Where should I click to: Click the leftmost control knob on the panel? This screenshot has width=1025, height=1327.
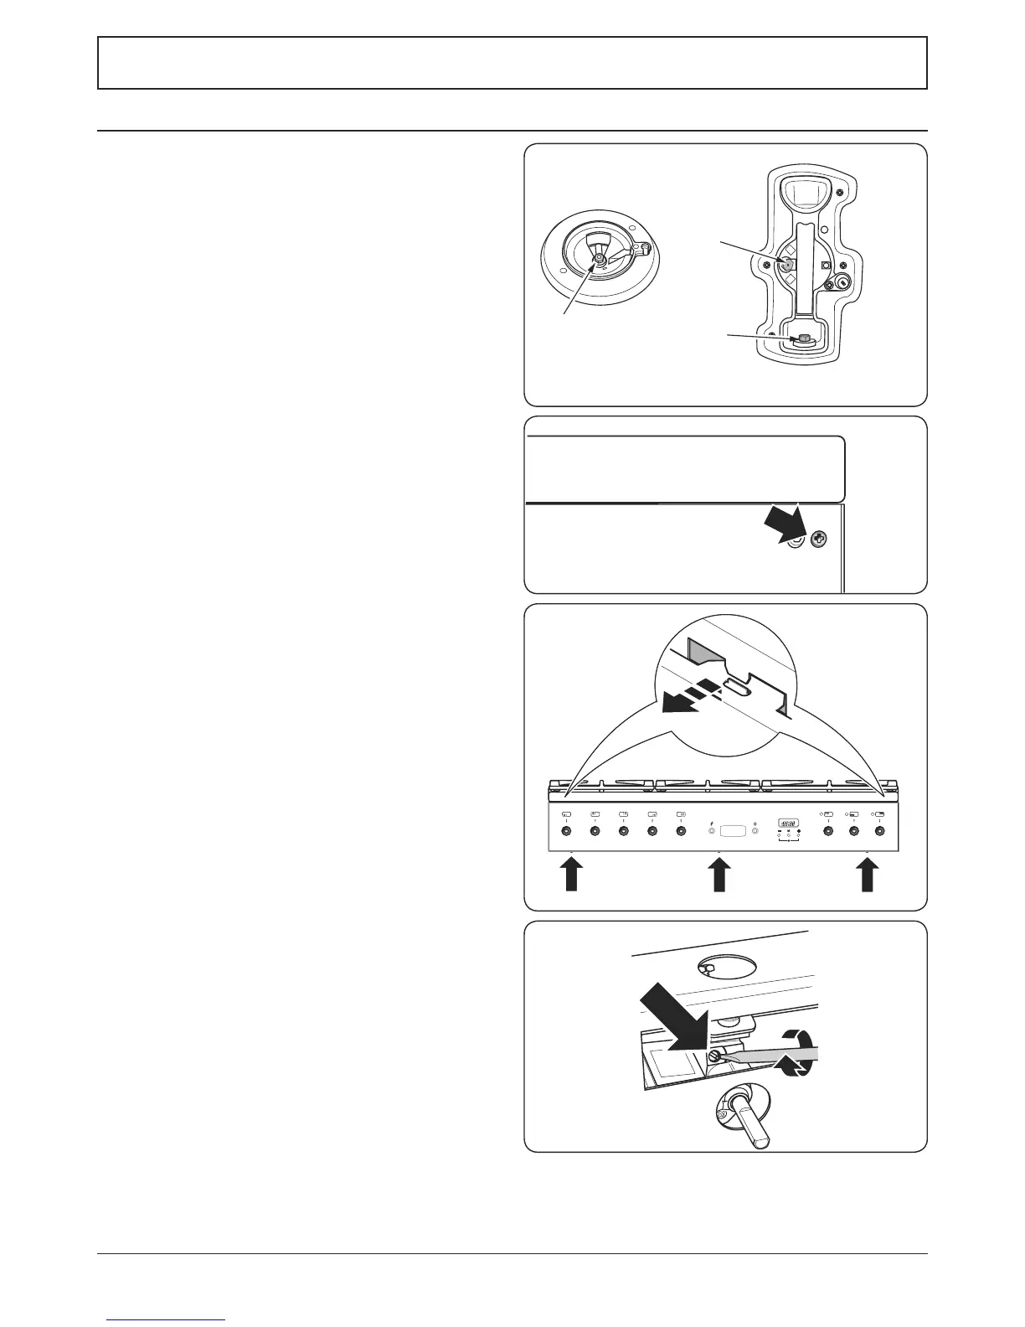[x=565, y=831]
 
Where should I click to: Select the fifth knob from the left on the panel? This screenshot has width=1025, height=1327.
[x=680, y=831]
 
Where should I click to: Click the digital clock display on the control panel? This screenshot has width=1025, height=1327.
[x=789, y=823]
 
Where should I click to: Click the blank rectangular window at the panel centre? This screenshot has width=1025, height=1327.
[x=734, y=830]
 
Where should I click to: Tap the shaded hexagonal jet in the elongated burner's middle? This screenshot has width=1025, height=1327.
[x=788, y=261]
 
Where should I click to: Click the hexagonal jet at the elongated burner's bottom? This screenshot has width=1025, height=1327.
[x=802, y=339]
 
